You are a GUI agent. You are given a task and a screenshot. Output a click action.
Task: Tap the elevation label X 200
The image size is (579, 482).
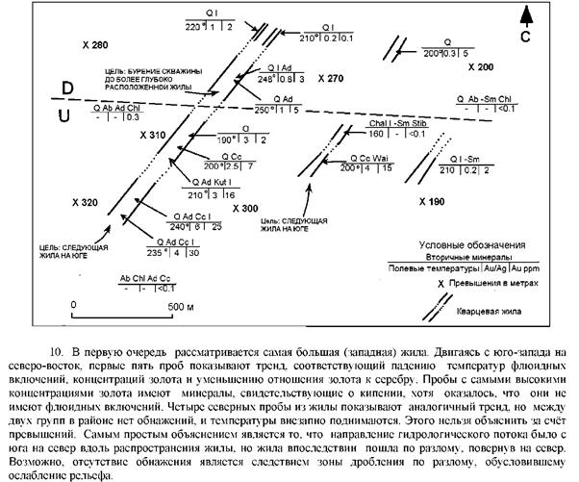pos(479,68)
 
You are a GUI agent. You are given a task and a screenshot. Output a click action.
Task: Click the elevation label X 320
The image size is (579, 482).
pos(86,204)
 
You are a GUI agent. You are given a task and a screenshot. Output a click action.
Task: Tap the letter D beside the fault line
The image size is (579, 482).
pos(68,89)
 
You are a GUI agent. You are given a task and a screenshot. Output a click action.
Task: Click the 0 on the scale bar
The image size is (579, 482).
pos(74,307)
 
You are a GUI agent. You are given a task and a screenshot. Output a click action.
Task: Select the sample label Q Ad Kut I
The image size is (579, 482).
pos(212,183)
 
